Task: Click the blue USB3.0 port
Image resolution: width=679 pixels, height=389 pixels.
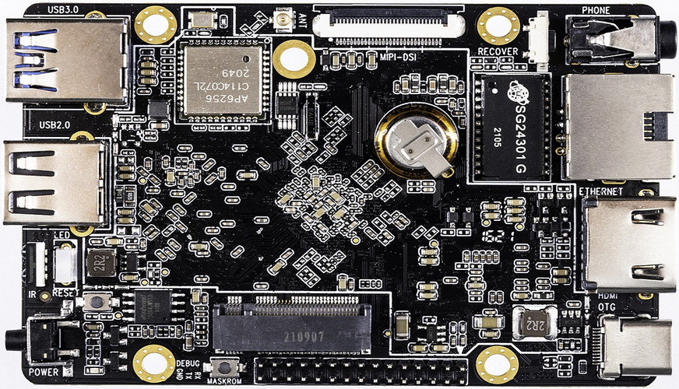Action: click(66, 61)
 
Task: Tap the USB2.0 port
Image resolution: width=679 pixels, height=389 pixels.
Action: click(55, 183)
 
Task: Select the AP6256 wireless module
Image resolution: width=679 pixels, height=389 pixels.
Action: click(221, 80)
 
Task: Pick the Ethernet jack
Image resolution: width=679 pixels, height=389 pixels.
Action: click(618, 127)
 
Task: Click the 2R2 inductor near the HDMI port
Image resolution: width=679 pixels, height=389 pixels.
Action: click(533, 320)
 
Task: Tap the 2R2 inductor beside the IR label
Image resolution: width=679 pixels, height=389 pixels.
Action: click(100, 262)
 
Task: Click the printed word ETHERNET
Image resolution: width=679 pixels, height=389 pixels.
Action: click(600, 191)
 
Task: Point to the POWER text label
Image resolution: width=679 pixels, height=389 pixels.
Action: click(44, 372)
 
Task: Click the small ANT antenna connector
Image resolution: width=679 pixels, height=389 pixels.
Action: click(283, 21)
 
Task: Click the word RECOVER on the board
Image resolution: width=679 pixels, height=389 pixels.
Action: click(498, 52)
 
